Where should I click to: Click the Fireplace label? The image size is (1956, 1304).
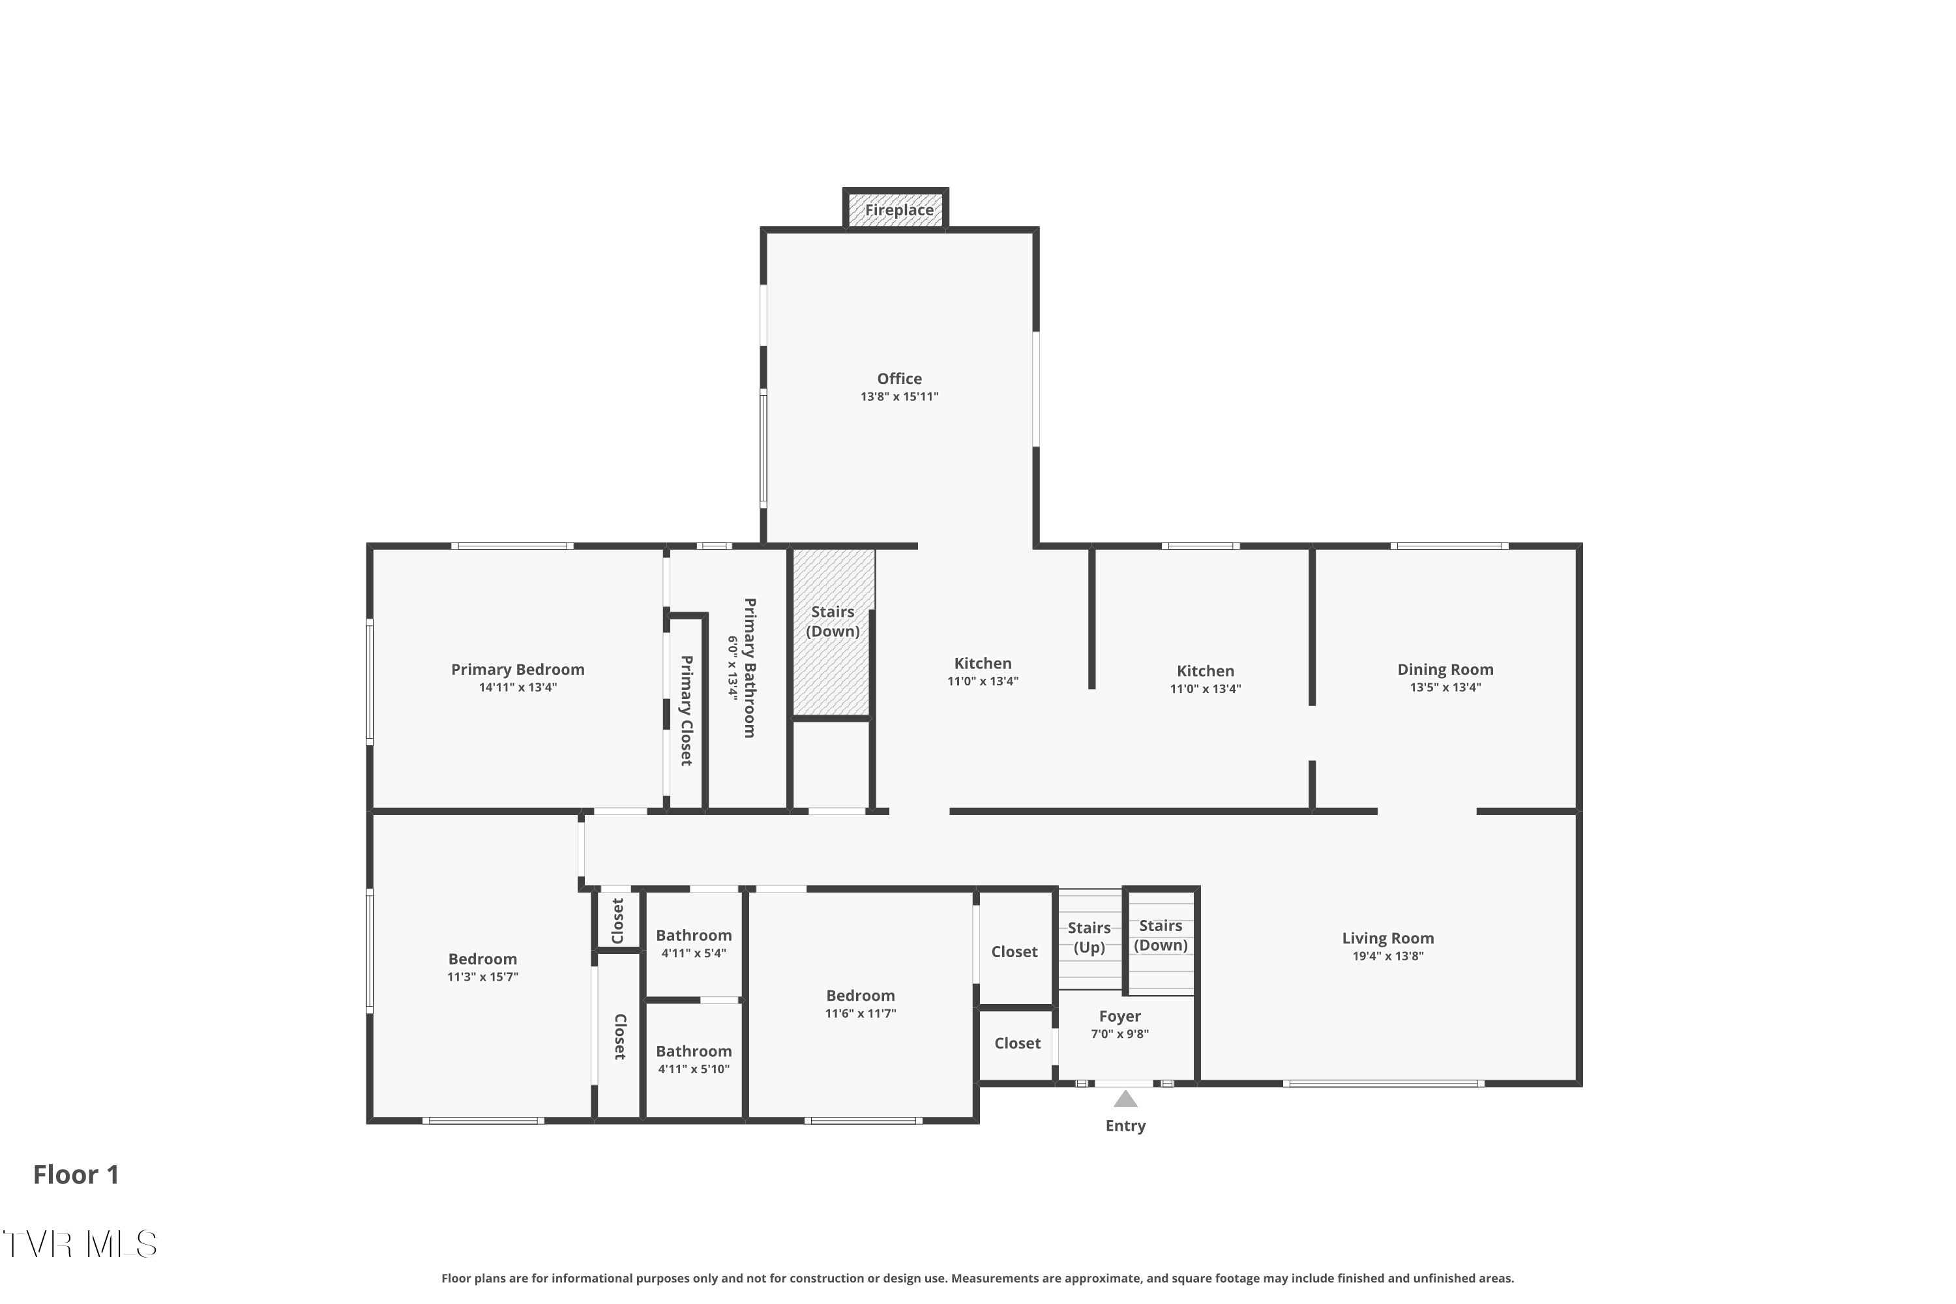(x=899, y=211)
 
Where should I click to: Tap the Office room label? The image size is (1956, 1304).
(x=899, y=378)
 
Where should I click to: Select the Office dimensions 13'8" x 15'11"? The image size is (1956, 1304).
(x=899, y=396)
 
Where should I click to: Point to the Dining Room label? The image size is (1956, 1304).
(x=1445, y=670)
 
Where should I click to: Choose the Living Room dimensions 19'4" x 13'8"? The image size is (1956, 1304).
(x=1388, y=956)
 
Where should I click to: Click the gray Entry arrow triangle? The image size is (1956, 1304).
(x=1125, y=1099)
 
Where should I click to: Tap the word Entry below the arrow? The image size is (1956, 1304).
(x=1125, y=1126)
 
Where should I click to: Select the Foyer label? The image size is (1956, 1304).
(x=1119, y=1016)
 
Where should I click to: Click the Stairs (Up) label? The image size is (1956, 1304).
(x=1089, y=938)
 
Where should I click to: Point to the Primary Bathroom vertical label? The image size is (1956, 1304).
(x=749, y=668)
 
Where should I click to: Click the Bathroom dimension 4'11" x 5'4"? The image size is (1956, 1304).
(x=694, y=953)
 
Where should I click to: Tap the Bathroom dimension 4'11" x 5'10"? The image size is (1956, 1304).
(x=694, y=1069)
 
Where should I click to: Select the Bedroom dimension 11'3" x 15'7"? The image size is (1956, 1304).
(x=482, y=977)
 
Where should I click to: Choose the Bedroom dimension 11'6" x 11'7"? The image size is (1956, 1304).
(x=860, y=1014)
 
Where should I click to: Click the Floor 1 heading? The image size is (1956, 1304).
(x=76, y=1174)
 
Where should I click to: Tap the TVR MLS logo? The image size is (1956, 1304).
(x=80, y=1244)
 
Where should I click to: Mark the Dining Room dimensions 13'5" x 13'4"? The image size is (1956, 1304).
(x=1445, y=688)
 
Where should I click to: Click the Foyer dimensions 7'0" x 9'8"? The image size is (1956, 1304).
(x=1119, y=1035)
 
